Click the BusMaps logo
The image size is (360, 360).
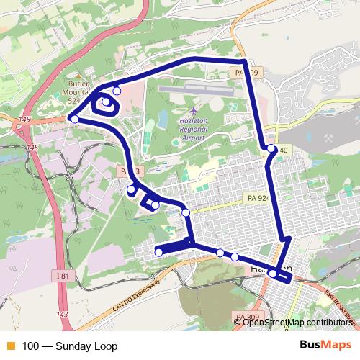[x=327, y=345]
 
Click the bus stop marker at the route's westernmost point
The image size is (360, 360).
[x=74, y=118]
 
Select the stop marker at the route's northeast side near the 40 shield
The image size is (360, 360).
[x=271, y=148]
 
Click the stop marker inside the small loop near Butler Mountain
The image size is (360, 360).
[x=106, y=103]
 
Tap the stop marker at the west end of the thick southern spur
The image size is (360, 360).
[x=158, y=252]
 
